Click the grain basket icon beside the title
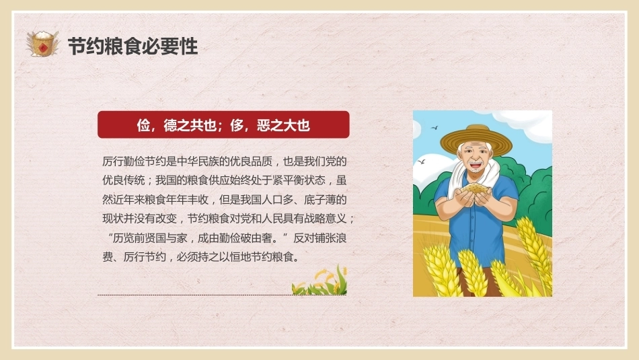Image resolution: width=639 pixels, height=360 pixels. point(42,43)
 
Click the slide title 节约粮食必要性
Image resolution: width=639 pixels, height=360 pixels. point(133,46)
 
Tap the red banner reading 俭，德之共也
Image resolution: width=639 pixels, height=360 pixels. point(223,124)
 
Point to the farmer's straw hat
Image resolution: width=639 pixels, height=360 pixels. point(476,139)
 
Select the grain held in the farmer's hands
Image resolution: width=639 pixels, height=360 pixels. point(475,188)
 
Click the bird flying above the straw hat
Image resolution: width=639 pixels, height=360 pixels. point(435,128)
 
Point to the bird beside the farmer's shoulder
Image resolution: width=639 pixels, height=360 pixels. point(421,162)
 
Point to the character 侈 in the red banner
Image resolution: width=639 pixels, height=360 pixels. point(237,125)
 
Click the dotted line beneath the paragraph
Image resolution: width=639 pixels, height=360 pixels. point(222,295)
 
